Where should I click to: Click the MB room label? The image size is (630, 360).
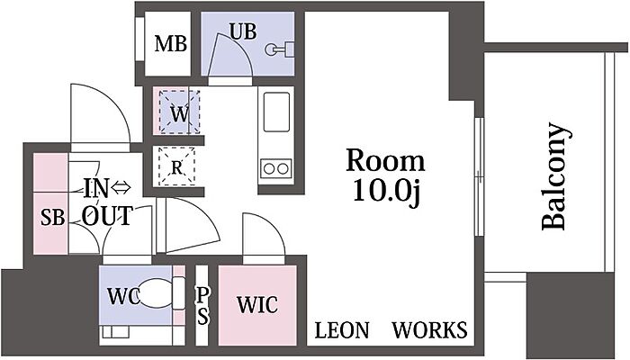tap(171, 43)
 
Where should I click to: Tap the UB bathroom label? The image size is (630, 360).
tap(243, 31)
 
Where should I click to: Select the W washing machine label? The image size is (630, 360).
tap(179, 113)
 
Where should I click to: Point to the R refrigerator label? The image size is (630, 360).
tap(176, 167)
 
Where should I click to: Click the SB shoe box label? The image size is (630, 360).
tap(52, 218)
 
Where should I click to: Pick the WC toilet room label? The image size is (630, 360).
tap(123, 296)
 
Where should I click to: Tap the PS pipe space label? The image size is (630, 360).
tap(202, 306)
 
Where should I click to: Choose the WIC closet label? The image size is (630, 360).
tap(257, 304)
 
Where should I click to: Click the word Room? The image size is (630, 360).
tap(385, 161)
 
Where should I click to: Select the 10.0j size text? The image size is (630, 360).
tap(386, 191)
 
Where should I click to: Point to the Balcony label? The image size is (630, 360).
tap(555, 176)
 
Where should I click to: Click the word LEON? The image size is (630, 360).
tap(341, 330)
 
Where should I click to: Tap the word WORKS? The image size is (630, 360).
tap(430, 330)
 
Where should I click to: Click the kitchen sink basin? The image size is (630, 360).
tap(276, 112)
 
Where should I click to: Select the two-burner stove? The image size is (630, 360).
tap(276, 168)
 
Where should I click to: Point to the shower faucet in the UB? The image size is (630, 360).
tap(279, 49)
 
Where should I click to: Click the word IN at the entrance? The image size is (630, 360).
tap(96, 188)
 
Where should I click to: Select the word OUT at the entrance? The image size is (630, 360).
tap(107, 216)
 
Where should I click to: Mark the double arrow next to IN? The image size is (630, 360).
tap(121, 187)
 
